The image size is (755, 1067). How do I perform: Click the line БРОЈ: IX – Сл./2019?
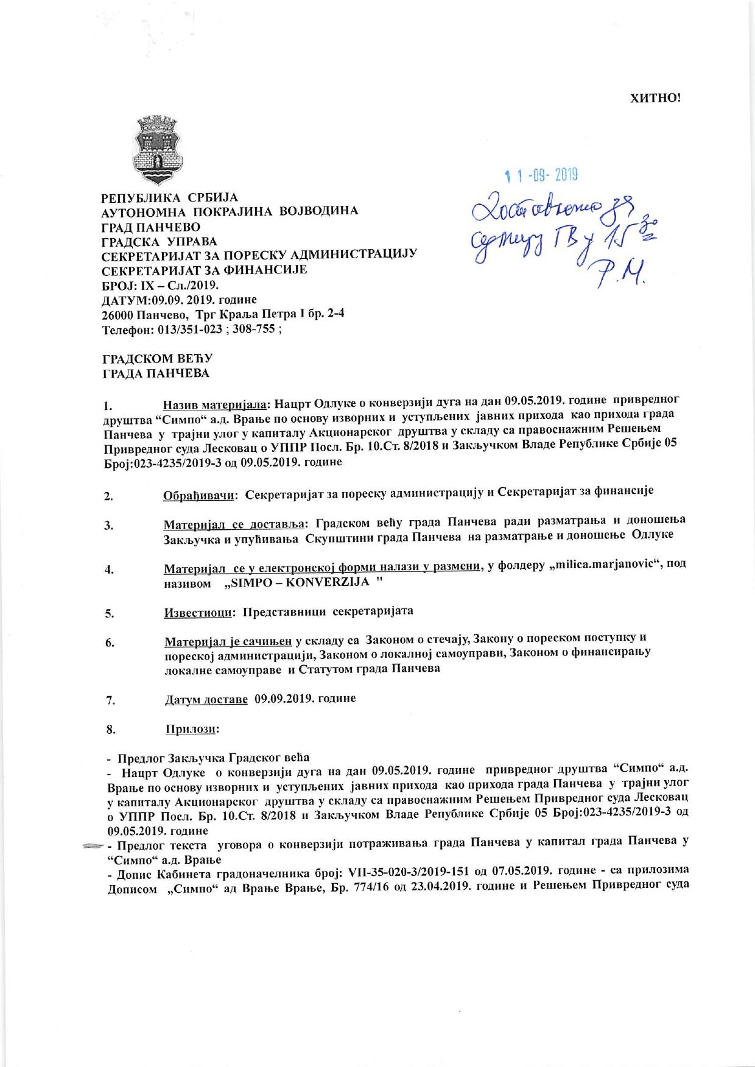point(160,285)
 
